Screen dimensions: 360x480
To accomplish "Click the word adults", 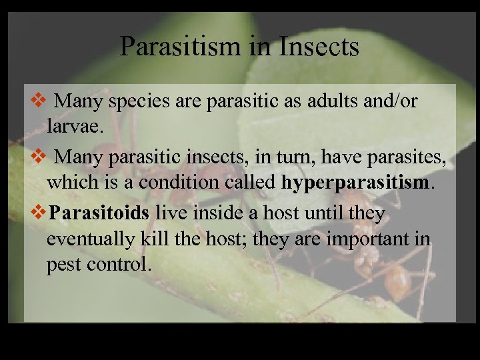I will click(x=312, y=101).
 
